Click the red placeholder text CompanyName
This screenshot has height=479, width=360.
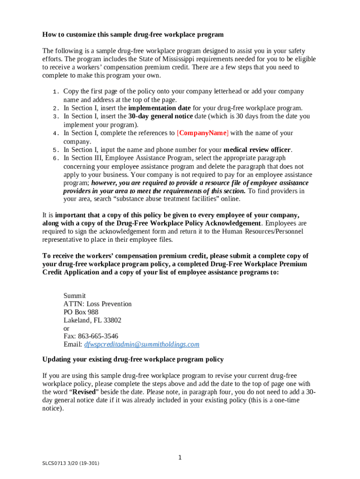click(x=203, y=133)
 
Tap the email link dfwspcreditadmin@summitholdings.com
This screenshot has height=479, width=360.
click(x=142, y=345)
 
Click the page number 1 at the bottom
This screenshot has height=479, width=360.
click(x=180, y=457)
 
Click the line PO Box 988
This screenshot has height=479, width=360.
click(x=81, y=312)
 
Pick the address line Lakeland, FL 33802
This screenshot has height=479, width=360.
click(x=93, y=320)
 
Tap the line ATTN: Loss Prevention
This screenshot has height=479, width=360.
click(x=97, y=304)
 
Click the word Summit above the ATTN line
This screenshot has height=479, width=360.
click(x=74, y=296)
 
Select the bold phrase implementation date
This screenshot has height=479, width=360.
click(x=159, y=108)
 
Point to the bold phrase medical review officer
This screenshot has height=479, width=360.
click(x=257, y=150)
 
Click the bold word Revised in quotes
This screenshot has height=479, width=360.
click(x=83, y=392)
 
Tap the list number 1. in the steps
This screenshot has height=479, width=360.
click(x=55, y=92)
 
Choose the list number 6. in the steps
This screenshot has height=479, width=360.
click(x=55, y=159)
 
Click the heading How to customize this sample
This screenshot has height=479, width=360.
click(x=133, y=35)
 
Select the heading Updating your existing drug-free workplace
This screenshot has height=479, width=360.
click(x=133, y=360)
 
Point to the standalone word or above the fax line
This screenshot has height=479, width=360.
click(x=66, y=328)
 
